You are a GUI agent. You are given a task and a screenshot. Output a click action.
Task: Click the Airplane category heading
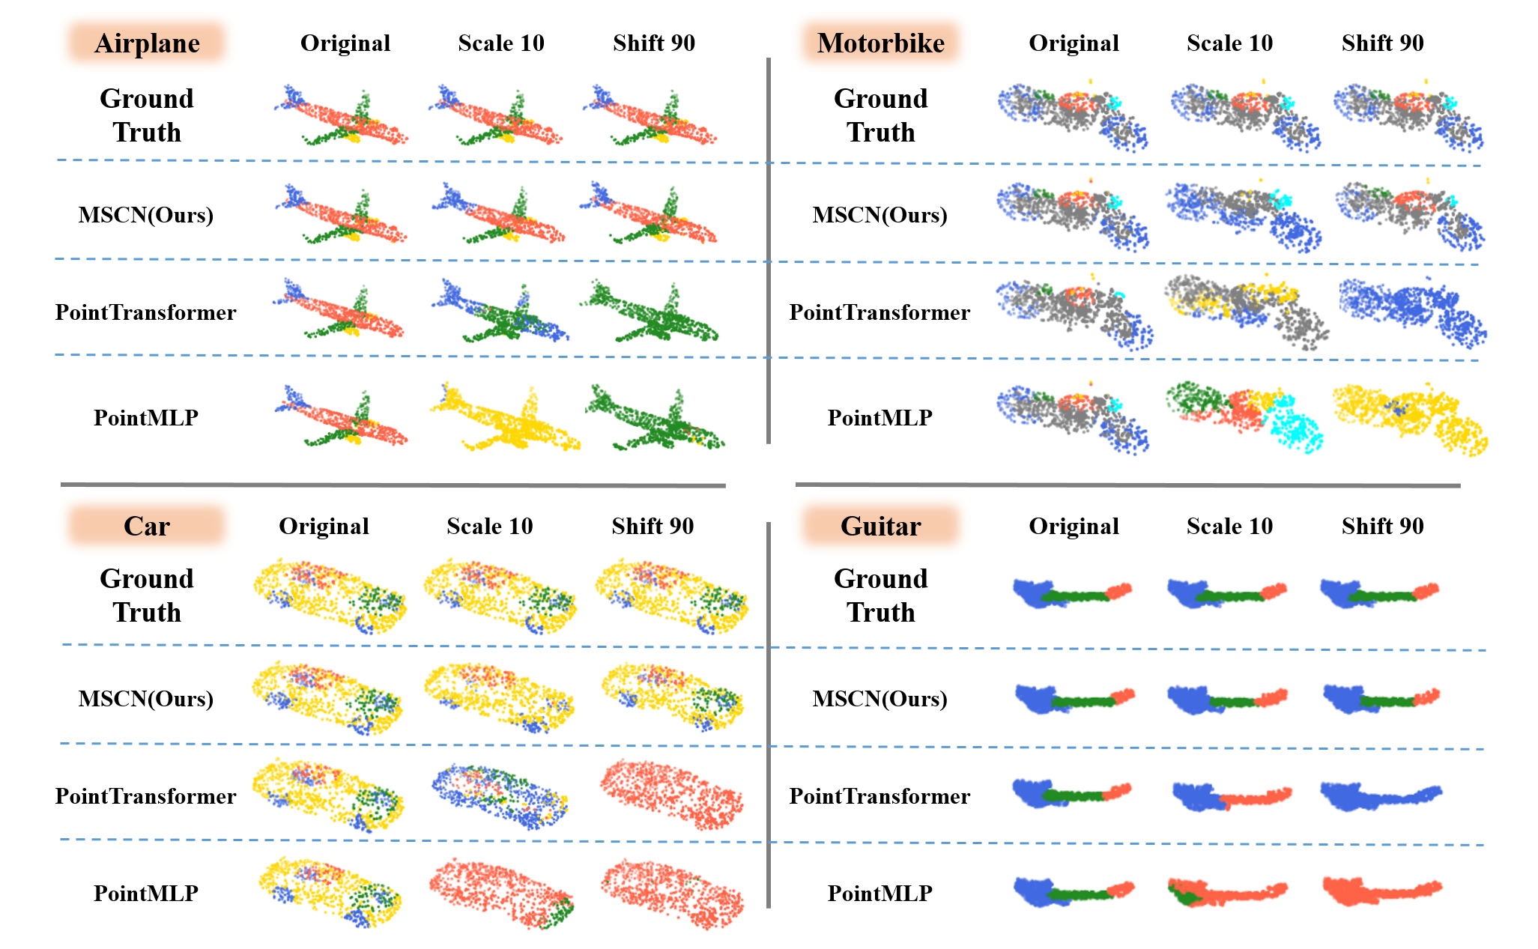147,43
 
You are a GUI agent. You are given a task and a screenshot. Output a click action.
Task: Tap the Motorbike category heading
880,43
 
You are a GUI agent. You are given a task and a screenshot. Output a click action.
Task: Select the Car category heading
147,526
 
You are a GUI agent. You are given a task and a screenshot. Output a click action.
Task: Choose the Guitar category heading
880,526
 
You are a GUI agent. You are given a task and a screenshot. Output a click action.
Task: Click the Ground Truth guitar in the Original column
1071,593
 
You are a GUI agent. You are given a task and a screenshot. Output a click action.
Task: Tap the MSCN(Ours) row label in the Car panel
146,698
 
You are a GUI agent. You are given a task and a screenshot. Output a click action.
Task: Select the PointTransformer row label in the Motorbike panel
879,312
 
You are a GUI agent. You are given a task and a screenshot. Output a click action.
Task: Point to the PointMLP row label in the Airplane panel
146,417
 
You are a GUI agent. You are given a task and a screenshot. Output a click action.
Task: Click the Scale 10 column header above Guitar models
1229,526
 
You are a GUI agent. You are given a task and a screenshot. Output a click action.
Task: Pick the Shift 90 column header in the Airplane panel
654,43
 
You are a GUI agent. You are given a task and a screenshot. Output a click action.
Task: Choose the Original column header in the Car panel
324,526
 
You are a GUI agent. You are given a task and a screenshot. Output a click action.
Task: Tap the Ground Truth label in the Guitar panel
880,595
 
